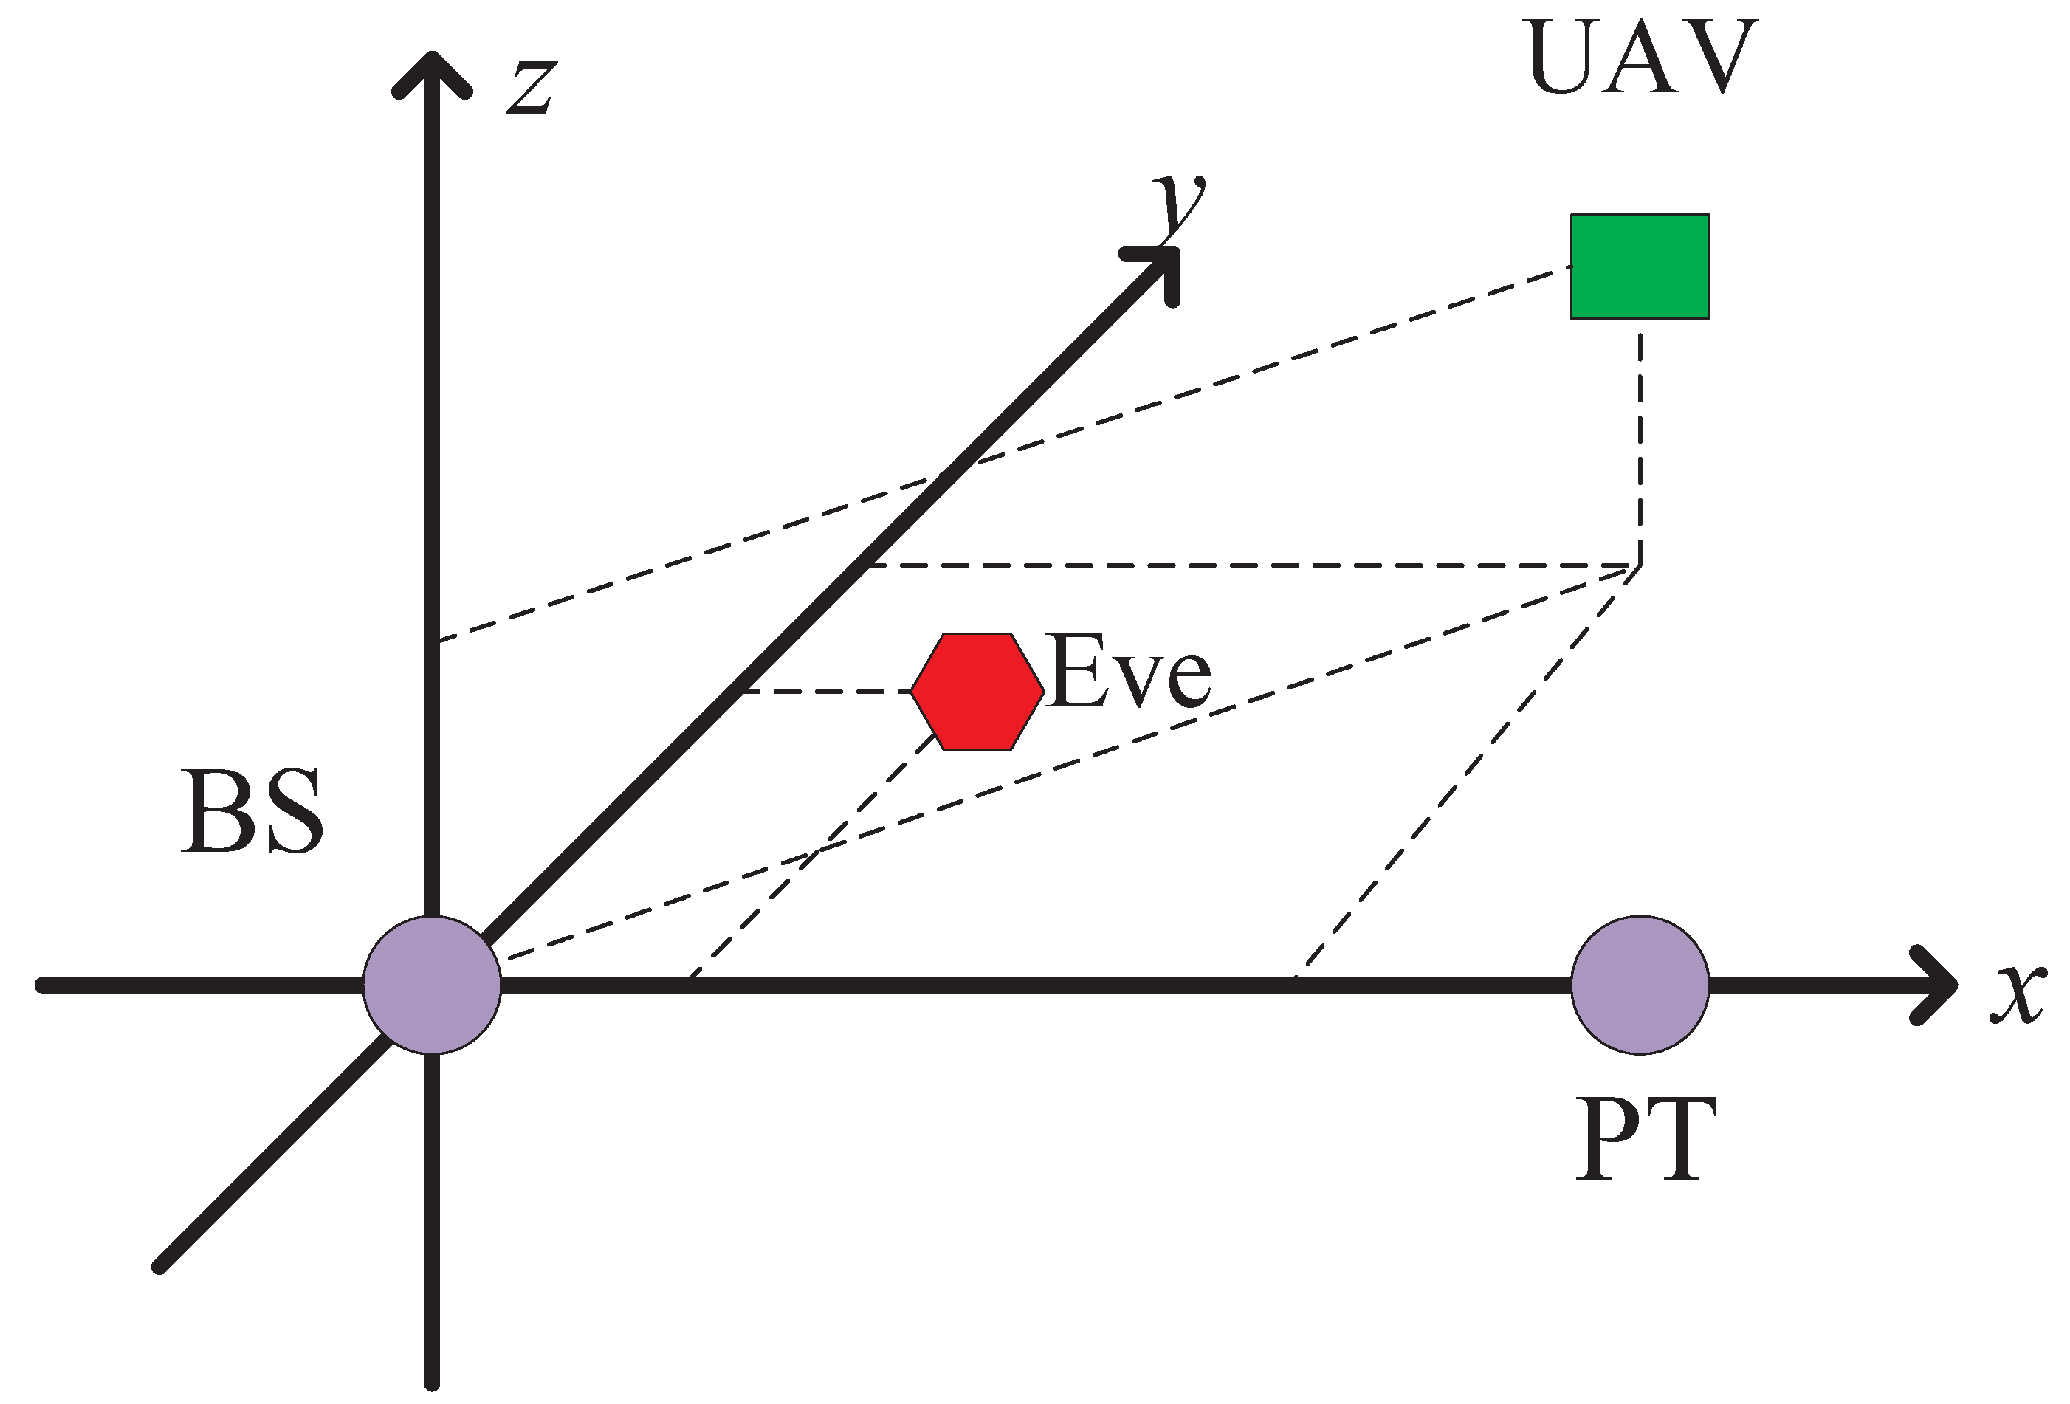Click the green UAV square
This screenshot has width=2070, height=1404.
[1639, 266]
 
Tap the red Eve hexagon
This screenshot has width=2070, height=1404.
[977, 692]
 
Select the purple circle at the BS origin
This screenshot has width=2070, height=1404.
[432, 985]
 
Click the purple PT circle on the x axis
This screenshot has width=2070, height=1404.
[1639, 985]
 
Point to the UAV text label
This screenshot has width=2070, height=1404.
[1640, 57]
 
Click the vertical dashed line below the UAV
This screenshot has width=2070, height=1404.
[1640, 445]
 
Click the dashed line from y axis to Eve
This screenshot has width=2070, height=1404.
[827, 692]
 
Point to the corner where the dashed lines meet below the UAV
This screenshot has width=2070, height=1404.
[1639, 565]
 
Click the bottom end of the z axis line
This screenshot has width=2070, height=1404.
[432, 1381]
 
